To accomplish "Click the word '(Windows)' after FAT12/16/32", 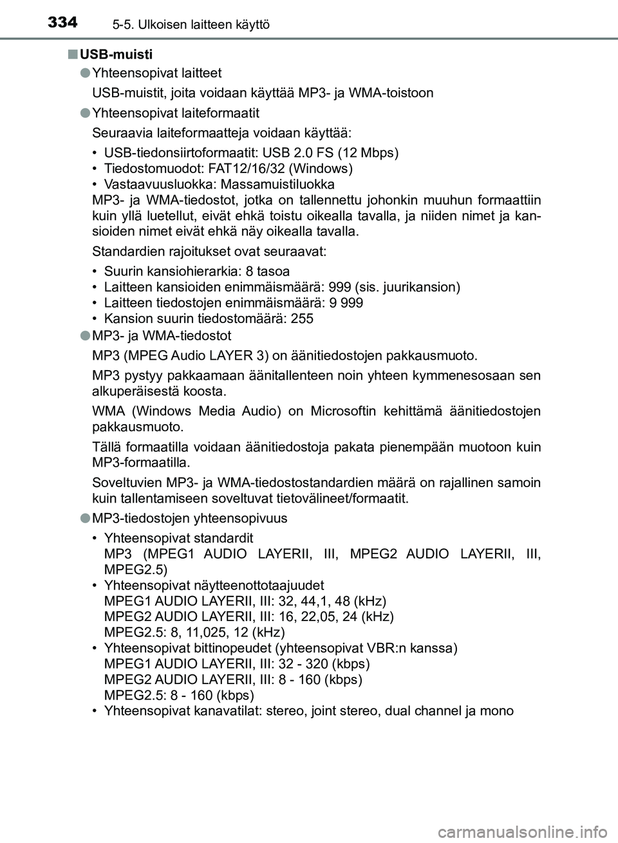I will click(323, 169).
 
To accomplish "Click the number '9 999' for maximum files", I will click(347, 302).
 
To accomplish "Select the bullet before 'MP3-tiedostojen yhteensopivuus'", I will click(84, 518).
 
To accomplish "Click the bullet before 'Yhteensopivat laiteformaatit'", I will click(84, 113).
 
